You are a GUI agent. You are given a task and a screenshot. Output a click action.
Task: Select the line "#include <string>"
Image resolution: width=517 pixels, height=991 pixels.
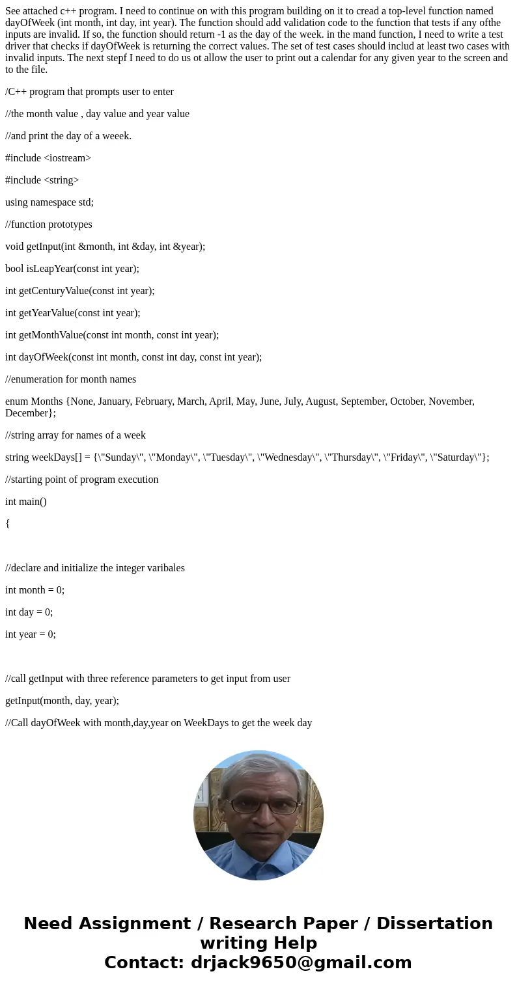coord(42,180)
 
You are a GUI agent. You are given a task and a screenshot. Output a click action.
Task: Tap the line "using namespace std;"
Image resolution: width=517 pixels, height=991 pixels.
coord(49,202)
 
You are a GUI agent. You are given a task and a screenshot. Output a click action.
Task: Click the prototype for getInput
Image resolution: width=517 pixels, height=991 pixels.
coord(105,247)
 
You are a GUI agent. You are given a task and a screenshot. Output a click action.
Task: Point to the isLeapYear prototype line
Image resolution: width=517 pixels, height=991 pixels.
coord(72,269)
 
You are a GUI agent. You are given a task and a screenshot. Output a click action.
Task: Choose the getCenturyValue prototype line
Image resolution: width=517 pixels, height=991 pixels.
coord(80,291)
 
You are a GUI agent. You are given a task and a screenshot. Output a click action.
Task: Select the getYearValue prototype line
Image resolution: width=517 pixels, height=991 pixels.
coord(73,313)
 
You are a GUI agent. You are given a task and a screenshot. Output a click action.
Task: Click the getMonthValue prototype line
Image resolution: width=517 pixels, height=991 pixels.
coord(112,335)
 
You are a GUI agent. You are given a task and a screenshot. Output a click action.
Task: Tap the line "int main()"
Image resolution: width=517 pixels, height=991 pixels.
coord(26,502)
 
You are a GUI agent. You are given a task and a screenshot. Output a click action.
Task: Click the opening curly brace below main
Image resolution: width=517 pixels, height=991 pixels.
coord(8,523)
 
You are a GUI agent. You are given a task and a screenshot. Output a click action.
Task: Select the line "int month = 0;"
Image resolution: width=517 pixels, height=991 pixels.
coord(35,590)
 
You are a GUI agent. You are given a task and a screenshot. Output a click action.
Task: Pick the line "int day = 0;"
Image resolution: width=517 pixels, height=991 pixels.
coord(29,612)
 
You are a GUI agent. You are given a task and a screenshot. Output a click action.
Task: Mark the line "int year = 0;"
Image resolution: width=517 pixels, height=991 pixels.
coord(31,634)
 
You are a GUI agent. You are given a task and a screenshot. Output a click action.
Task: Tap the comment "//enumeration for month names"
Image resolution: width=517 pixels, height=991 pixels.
coord(71,379)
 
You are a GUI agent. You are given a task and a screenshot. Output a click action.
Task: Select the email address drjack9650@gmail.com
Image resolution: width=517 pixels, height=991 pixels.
coord(301,963)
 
